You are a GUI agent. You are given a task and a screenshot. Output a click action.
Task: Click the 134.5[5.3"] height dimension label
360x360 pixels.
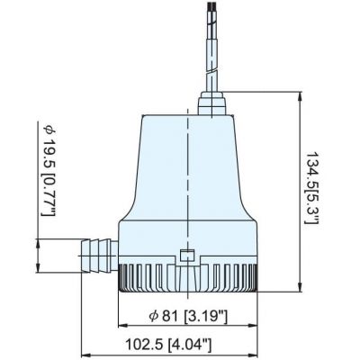click(311, 188)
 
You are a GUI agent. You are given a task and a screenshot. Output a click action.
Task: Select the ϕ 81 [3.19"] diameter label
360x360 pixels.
click(188, 316)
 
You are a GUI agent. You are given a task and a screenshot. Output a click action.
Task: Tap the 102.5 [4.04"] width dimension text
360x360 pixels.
click(168, 345)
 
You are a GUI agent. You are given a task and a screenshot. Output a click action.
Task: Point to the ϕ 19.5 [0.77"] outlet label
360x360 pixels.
click(49, 170)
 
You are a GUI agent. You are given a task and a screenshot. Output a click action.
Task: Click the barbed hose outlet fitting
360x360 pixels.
click(99, 256)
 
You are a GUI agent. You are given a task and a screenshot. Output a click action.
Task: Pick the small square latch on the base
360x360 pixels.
click(186, 256)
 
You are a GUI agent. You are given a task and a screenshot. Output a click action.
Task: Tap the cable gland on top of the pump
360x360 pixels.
click(211, 103)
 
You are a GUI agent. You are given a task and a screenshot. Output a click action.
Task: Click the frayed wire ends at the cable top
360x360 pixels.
click(211, 6)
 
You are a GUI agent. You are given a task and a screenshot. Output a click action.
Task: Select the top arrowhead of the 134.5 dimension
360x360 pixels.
click(300, 96)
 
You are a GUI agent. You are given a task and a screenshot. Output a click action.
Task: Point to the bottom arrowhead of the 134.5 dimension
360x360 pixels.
click(300, 286)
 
